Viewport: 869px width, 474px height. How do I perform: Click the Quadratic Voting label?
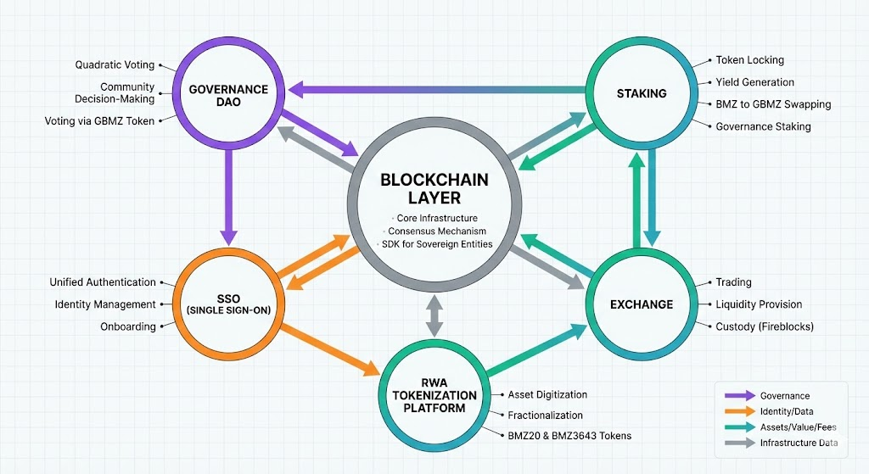(114, 64)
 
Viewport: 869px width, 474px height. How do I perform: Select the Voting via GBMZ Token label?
(99, 121)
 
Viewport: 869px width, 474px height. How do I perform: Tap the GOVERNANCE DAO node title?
(228, 95)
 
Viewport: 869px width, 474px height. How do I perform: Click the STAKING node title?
(642, 93)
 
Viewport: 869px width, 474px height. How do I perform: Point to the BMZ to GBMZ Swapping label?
(773, 104)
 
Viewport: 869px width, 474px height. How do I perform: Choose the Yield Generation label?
(755, 82)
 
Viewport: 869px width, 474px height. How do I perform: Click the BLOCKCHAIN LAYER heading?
(433, 189)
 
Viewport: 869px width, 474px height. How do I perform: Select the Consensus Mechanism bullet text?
(437, 231)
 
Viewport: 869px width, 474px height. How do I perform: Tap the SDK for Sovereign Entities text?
(438, 245)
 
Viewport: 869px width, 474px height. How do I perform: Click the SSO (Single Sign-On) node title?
(228, 304)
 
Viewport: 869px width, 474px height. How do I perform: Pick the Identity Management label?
(105, 304)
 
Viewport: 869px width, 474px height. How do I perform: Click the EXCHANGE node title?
(642, 304)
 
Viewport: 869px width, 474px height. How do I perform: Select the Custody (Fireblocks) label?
(765, 326)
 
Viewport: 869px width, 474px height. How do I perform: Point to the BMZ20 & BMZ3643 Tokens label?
(569, 436)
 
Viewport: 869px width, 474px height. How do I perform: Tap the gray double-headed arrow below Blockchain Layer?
(434, 315)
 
